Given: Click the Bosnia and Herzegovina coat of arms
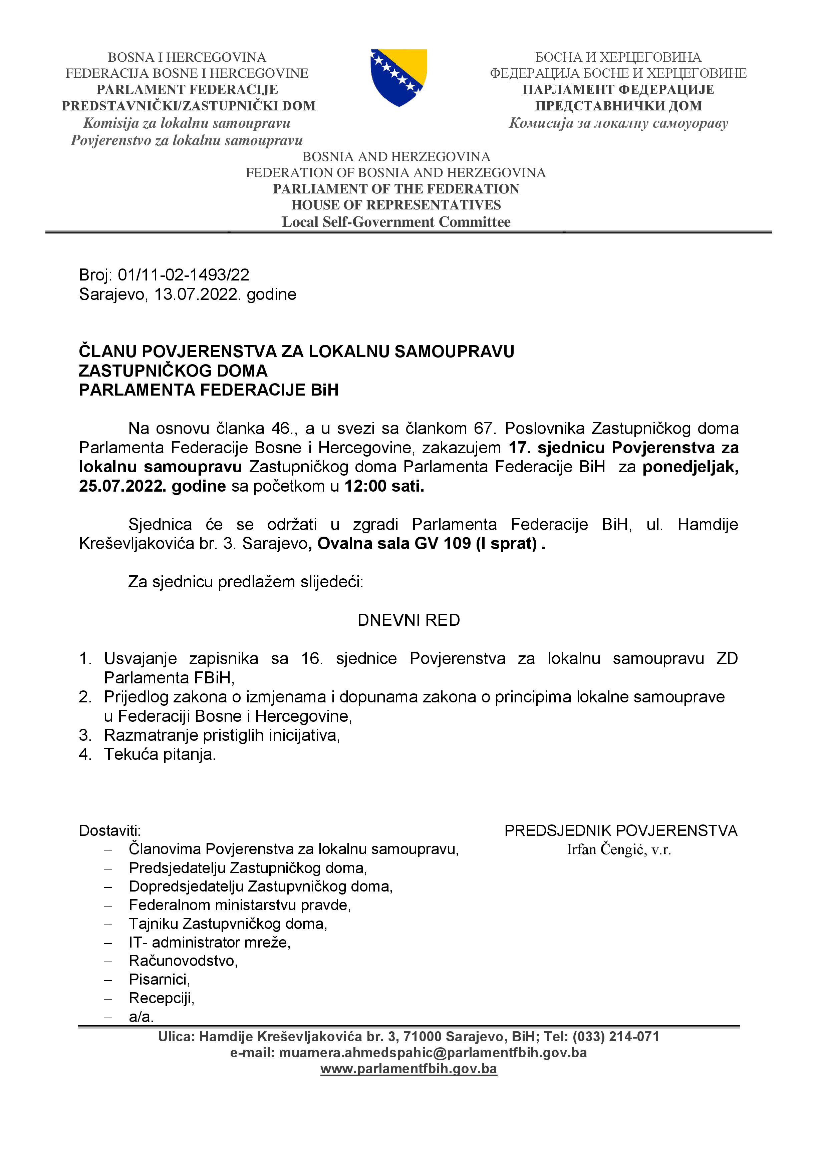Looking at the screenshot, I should tap(399, 77).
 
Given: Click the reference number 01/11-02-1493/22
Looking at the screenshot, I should tap(184, 275).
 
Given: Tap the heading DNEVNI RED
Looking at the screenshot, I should tap(408, 620).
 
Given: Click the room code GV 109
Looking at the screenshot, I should tap(443, 544).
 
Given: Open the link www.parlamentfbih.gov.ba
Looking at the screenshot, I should tap(408, 1069).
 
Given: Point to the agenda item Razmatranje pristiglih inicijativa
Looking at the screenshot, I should tap(222, 735).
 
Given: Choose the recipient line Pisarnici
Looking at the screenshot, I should tap(159, 980).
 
